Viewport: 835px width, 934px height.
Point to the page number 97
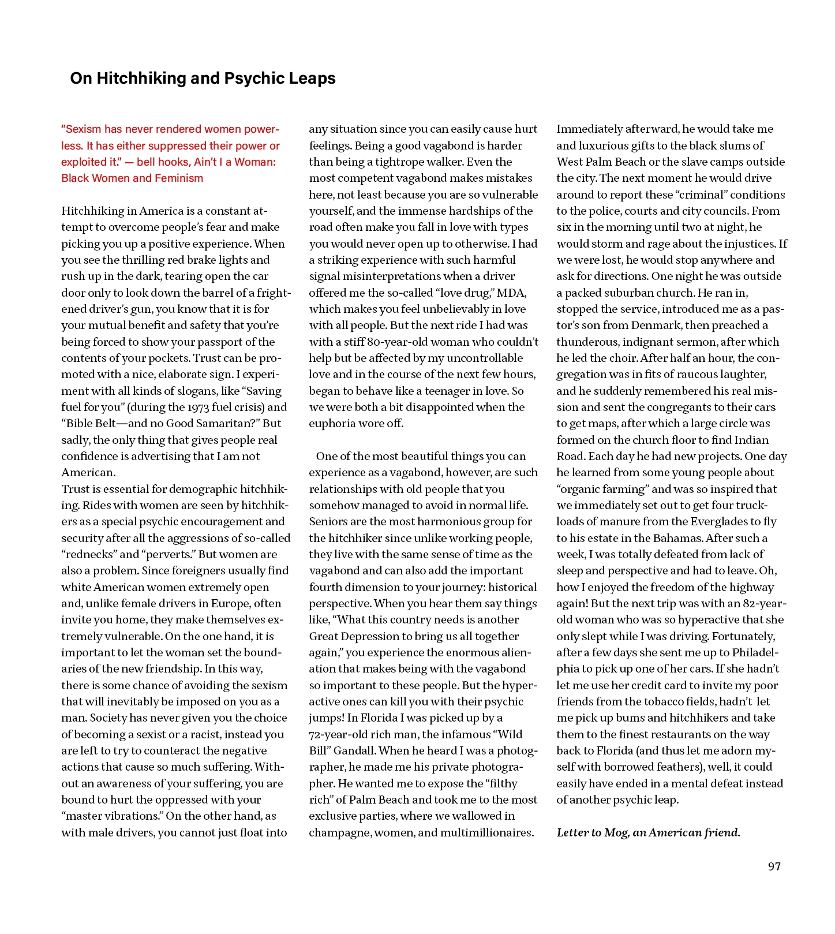tap(774, 866)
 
